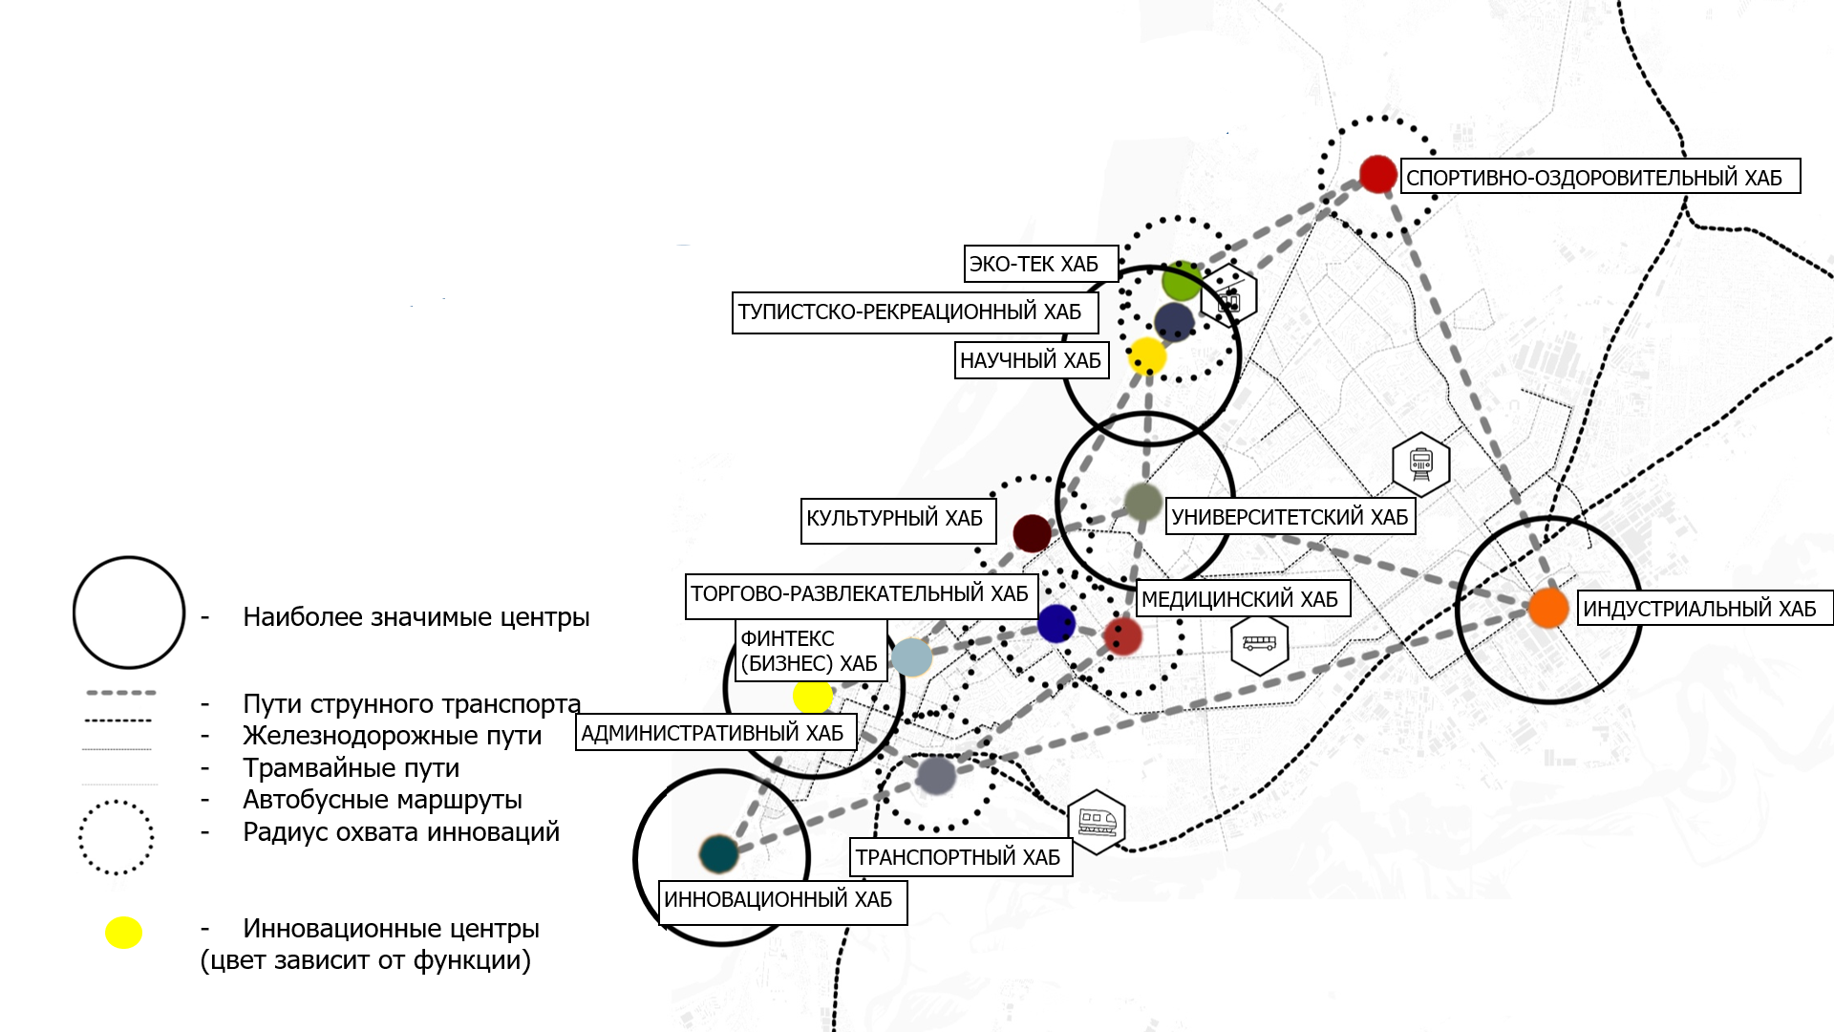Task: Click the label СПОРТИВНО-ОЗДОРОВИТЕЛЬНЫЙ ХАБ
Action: [1600, 177]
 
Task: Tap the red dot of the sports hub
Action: [1377, 175]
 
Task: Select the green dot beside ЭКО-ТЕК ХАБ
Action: [1182, 281]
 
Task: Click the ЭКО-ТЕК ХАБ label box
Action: [1040, 264]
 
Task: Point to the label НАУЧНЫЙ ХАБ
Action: [1031, 360]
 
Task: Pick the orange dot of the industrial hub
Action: [1548, 608]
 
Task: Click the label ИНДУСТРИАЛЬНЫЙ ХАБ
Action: [1704, 609]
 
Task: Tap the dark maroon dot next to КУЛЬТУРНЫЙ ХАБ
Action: [1032, 532]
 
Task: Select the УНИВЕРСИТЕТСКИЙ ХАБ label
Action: [1290, 517]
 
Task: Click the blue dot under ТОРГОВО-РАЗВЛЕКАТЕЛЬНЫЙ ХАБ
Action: [1056, 624]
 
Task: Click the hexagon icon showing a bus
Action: [1259, 645]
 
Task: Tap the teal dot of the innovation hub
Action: [718, 853]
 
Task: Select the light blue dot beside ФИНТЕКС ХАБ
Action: [911, 657]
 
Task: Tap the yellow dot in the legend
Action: [123, 933]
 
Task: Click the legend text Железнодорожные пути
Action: [392, 736]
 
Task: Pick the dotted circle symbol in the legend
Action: [116, 837]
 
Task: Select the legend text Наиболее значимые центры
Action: [416, 617]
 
